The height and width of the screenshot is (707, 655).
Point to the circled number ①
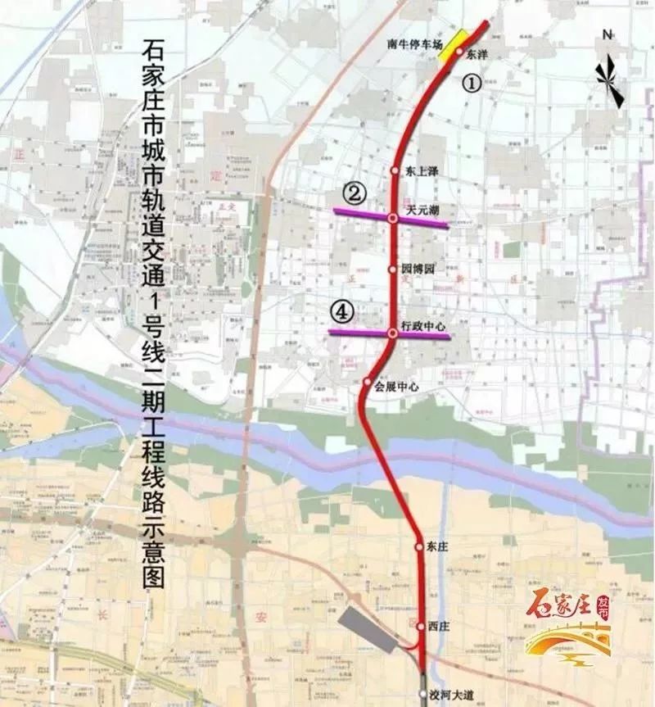click(470, 82)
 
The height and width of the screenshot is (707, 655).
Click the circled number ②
click(354, 194)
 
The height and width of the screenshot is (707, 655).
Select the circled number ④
click(341, 311)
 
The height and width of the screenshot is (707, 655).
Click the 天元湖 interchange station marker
click(393, 218)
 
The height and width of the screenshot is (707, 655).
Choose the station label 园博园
click(417, 269)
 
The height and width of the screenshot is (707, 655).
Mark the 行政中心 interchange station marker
click(393, 333)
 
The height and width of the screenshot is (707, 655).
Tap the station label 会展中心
click(396, 387)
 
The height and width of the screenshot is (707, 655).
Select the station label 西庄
click(437, 626)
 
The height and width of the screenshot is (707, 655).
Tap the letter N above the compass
click(608, 34)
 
